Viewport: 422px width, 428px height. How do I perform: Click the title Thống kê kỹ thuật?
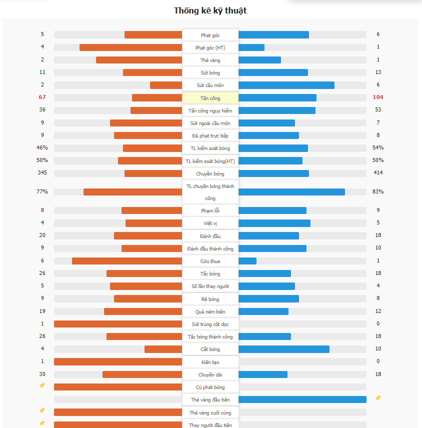210,10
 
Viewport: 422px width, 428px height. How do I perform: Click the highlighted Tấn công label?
210,98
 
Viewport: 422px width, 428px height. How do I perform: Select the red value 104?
378,97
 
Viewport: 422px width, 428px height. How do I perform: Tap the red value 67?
42,97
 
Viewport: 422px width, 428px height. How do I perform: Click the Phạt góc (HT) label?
210,47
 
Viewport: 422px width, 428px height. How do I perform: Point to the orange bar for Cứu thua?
127,261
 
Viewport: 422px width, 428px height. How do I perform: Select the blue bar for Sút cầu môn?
286,85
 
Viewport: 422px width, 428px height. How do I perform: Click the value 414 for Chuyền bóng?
378,172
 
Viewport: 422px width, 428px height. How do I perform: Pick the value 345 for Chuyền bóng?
42,172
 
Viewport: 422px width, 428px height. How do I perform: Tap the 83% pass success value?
378,191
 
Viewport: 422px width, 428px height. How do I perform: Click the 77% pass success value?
42,191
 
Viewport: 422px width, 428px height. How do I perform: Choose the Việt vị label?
210,223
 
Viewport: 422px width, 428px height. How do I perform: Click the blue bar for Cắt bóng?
284,349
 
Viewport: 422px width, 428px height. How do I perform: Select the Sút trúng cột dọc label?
210,324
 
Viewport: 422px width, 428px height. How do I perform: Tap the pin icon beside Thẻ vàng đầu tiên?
378,398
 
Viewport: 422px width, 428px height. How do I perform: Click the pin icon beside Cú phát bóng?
42,385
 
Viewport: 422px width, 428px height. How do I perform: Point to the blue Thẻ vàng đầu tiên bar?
302,399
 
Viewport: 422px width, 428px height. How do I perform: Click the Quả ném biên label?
210,311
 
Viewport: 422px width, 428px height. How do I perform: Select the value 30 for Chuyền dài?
42,374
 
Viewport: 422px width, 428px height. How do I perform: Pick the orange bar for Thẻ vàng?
139,60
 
